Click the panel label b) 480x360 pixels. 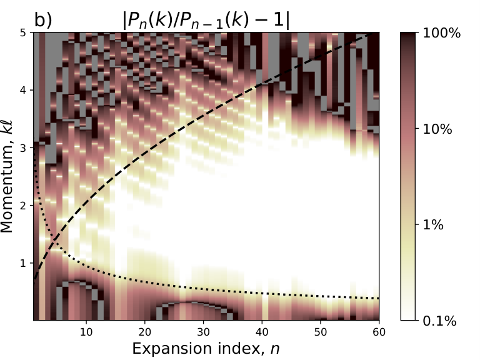pyautogui.click(x=43, y=21)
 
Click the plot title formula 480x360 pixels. pyautogui.click(x=206, y=21)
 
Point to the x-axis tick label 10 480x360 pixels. pyautogui.click(x=86, y=332)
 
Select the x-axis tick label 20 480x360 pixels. pyautogui.click(x=144, y=332)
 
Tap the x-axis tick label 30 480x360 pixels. pyautogui.click(x=203, y=332)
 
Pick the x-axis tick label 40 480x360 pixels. pyautogui.click(x=262, y=332)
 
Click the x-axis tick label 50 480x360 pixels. pyautogui.click(x=320, y=332)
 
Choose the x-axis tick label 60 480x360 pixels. pyautogui.click(x=379, y=332)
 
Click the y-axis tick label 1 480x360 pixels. pyautogui.click(x=23, y=263)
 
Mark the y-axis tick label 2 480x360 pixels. pyautogui.click(x=23, y=206)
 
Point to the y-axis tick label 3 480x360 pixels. pyautogui.click(x=23, y=148)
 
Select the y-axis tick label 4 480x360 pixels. pyautogui.click(x=23, y=90)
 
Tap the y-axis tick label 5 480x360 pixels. pyautogui.click(x=23, y=32)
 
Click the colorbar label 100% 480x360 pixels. pyautogui.click(x=441, y=32)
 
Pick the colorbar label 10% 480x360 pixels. pyautogui.click(x=437, y=129)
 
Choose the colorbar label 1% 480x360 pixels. pyautogui.click(x=433, y=225)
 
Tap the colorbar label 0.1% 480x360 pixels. pyautogui.click(x=439, y=321)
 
